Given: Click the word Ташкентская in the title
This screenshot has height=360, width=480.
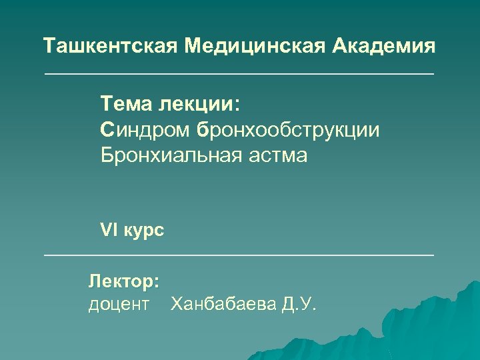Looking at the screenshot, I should (111, 47).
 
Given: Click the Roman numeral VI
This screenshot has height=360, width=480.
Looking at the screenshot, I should (108, 231).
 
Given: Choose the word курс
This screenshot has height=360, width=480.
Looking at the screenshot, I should (143, 231).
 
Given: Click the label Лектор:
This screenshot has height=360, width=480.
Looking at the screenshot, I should (124, 282).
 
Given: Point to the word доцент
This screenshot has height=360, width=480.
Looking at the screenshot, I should (119, 306).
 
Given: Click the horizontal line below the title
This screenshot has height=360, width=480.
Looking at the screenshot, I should (239, 73).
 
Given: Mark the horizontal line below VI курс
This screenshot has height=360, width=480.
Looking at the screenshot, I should (239, 255).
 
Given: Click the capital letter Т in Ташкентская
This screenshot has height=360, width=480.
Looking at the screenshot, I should (49, 47).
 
